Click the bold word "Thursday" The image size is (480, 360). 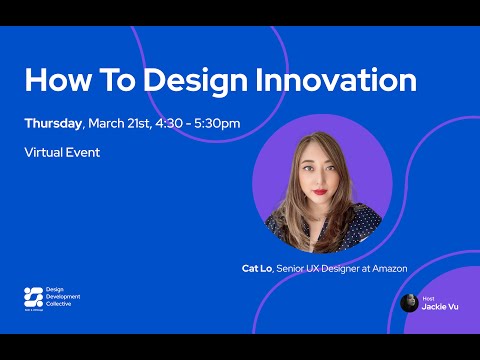(x=53, y=124)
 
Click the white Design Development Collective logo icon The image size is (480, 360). (x=33, y=297)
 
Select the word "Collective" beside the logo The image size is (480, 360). (x=65, y=304)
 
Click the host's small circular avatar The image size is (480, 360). (x=409, y=302)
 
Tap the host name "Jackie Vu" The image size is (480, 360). (x=440, y=306)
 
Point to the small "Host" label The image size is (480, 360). (x=427, y=297)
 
